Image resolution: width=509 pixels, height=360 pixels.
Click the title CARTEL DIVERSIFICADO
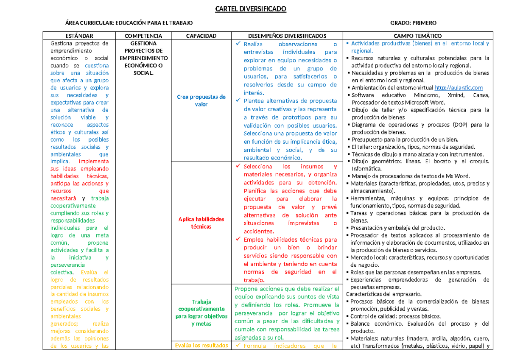(x=255, y=9)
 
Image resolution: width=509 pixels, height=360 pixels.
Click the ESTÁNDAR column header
(x=79, y=36)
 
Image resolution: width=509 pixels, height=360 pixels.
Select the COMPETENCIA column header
(x=143, y=36)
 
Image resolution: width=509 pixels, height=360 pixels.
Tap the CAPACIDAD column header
(x=201, y=36)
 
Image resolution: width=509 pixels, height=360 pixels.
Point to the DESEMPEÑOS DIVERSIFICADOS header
(x=287, y=36)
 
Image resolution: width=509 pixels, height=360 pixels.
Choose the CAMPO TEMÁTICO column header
(x=417, y=36)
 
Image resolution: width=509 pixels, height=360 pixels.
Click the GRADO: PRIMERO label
(x=413, y=23)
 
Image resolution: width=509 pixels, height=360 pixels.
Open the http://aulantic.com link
(x=459, y=88)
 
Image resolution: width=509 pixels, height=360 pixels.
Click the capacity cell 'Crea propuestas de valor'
(x=201, y=100)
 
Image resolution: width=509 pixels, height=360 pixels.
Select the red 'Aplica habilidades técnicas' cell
(x=201, y=223)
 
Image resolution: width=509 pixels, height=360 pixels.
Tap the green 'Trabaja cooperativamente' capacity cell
(x=201, y=313)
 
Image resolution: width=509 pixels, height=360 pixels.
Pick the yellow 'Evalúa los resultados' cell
(x=201, y=345)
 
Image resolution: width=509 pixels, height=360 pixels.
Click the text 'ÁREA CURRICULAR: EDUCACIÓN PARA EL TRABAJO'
(x=129, y=23)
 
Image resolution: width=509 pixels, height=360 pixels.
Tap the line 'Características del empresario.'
(x=384, y=294)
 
